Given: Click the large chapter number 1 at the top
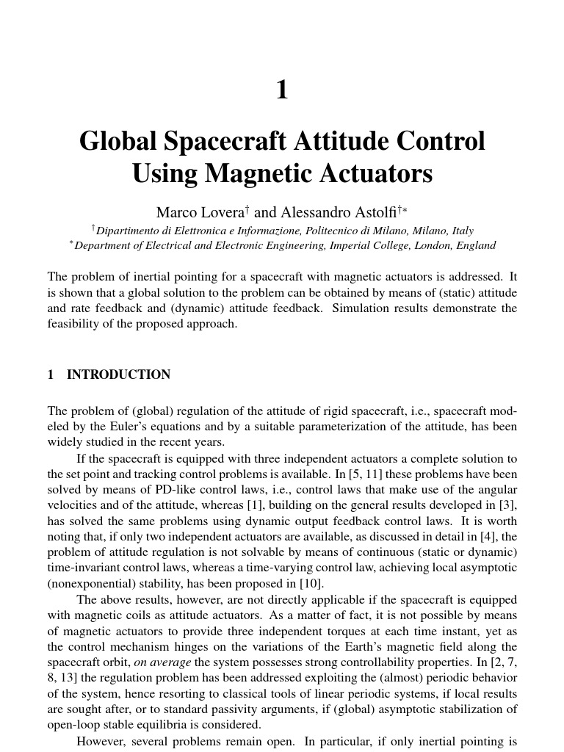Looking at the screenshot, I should pyautogui.click(x=282, y=90).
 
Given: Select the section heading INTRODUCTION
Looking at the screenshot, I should pyautogui.click(x=118, y=375).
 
